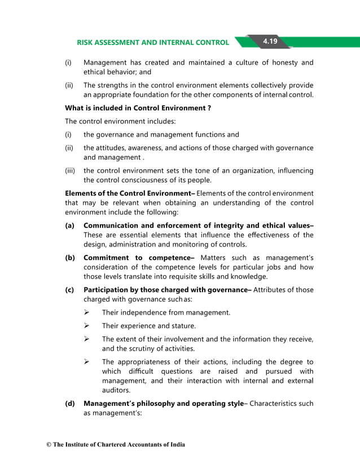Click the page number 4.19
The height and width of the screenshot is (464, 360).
coord(273,41)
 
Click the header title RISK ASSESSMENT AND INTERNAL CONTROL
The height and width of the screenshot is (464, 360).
coord(153,42)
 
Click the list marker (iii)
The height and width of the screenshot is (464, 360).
coord(70,170)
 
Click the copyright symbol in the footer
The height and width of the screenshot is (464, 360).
coord(49,445)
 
